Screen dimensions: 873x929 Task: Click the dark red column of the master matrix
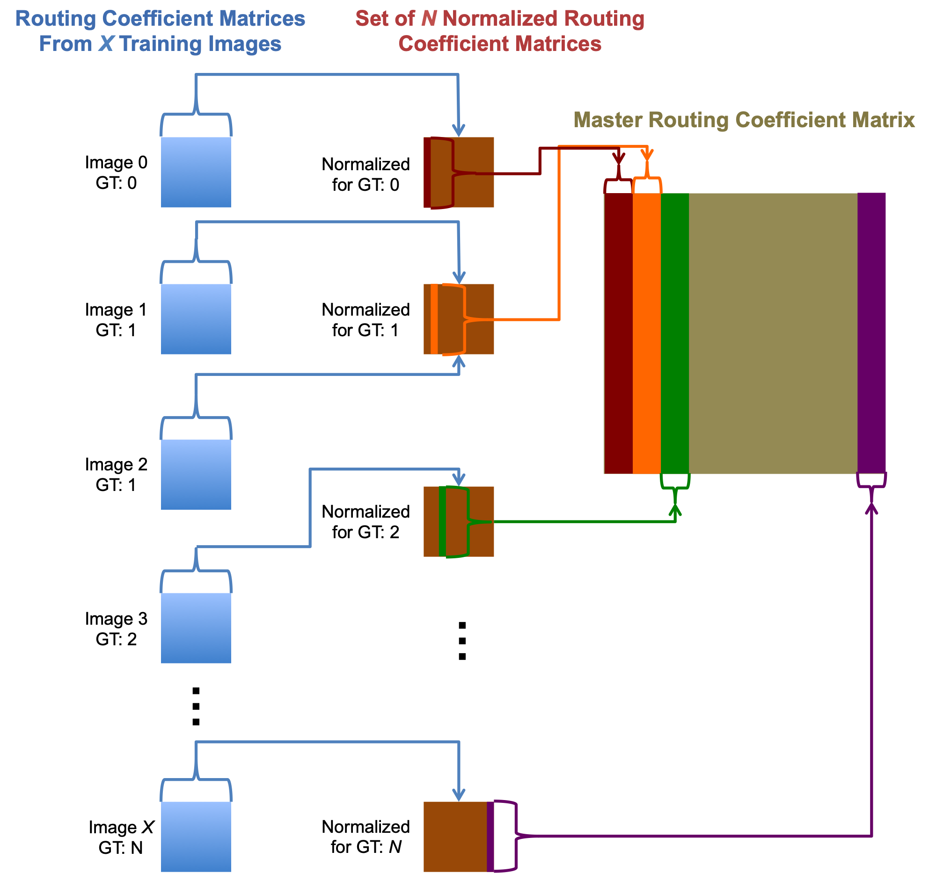point(618,333)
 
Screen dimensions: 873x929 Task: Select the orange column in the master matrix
point(646,333)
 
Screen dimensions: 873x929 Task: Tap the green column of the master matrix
point(674,333)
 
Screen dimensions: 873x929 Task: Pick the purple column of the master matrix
point(871,333)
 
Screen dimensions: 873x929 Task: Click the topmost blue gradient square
point(196,172)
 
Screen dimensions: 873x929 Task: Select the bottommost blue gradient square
point(196,837)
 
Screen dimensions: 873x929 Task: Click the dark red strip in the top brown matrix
point(427,172)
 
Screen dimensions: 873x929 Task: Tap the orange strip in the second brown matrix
point(434,319)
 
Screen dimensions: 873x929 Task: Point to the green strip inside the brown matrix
point(442,521)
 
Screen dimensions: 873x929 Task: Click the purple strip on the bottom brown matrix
point(490,837)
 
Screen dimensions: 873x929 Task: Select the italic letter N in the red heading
point(429,19)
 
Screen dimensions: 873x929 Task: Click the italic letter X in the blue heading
point(106,44)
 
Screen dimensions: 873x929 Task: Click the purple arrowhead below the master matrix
point(871,508)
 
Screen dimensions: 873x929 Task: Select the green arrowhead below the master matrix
point(675,509)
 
